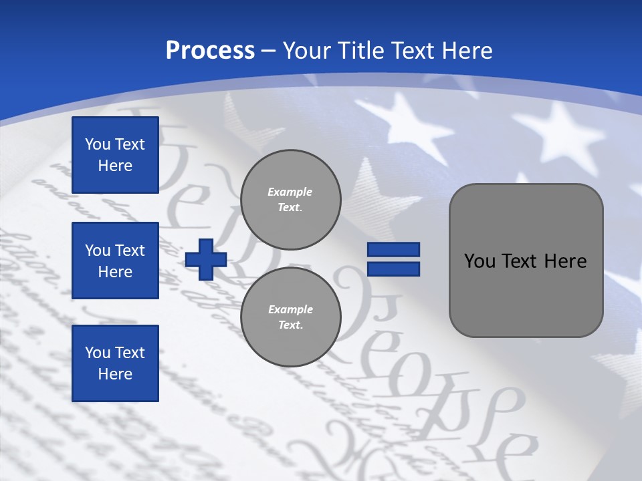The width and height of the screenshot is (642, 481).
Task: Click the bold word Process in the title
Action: [x=210, y=51]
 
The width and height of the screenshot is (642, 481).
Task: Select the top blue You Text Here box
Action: [x=115, y=155]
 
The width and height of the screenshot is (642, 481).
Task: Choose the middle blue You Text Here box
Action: [x=115, y=261]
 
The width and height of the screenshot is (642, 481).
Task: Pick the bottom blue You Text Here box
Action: [x=115, y=363]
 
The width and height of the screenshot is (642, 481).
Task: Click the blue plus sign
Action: [x=206, y=259]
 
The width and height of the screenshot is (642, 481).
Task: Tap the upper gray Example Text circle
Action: [x=291, y=199]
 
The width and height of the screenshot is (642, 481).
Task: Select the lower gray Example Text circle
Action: [x=291, y=317]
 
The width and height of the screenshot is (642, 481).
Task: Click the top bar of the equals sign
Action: [x=393, y=250]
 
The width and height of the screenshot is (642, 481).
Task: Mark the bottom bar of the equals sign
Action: [x=393, y=269]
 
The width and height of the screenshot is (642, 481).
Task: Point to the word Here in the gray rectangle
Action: [x=565, y=261]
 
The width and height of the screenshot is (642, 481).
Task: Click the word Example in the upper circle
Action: [x=290, y=192]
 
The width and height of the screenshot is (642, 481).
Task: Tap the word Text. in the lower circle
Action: [x=290, y=325]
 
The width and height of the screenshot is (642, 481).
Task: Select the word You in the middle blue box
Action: [x=98, y=251]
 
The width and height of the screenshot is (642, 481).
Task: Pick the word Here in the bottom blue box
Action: [x=115, y=374]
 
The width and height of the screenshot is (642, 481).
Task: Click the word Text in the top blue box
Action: [x=130, y=144]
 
